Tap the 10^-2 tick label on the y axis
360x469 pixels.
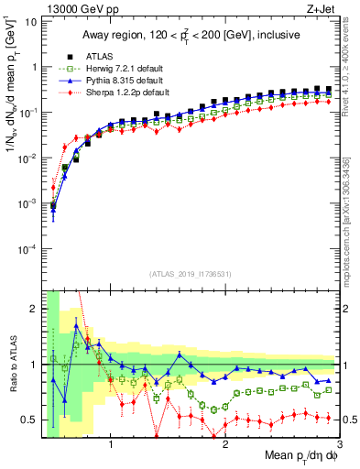29,158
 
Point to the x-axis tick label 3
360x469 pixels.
339,446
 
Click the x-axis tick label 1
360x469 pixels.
111,446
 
